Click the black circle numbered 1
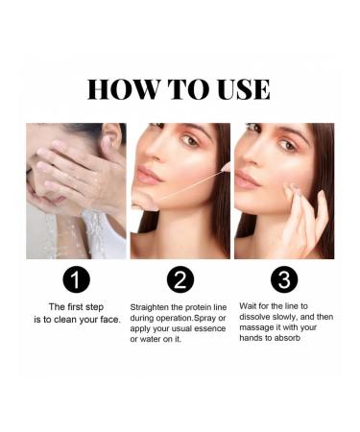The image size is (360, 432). click(76, 279)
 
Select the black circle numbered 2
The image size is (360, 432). click(180, 279)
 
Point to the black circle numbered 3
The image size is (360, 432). click(284, 279)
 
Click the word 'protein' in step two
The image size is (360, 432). click(203, 307)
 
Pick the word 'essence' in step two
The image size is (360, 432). click(209, 329)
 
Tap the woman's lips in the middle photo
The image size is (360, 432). click(149, 177)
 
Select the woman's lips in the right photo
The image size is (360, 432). click(248, 180)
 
